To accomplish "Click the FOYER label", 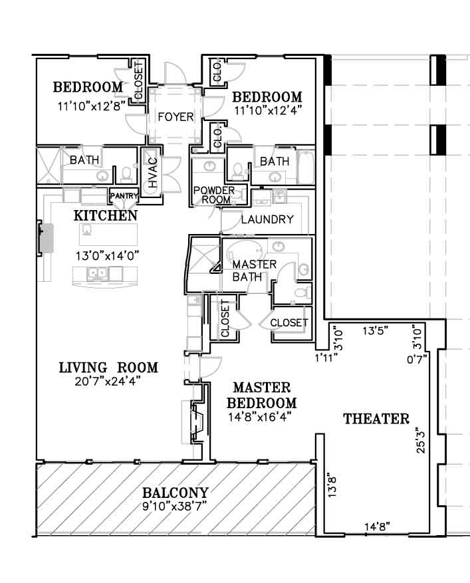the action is coord(176,117).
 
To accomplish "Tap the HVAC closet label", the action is coord(153,173).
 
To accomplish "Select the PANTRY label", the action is coord(124,195).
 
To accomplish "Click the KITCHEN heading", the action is coord(106,215).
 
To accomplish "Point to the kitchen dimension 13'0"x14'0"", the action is coord(107,255).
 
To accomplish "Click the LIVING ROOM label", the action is coord(108,368).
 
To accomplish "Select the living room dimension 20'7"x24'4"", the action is coord(108,381).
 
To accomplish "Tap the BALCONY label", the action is coord(175,493).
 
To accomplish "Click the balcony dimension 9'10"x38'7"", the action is coord(175,507).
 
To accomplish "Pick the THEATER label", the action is coord(376,419).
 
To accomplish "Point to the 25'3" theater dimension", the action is coord(420,440).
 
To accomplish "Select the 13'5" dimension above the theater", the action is coord(376,330).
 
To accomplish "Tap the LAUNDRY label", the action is coord(267,219).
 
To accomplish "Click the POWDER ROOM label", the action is coord(214,195).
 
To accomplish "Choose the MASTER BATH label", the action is coord(255,271).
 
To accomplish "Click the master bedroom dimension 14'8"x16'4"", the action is coord(259,417).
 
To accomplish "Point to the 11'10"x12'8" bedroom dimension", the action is coord(91,106).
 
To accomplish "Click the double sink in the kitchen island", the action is coord(98,274).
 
